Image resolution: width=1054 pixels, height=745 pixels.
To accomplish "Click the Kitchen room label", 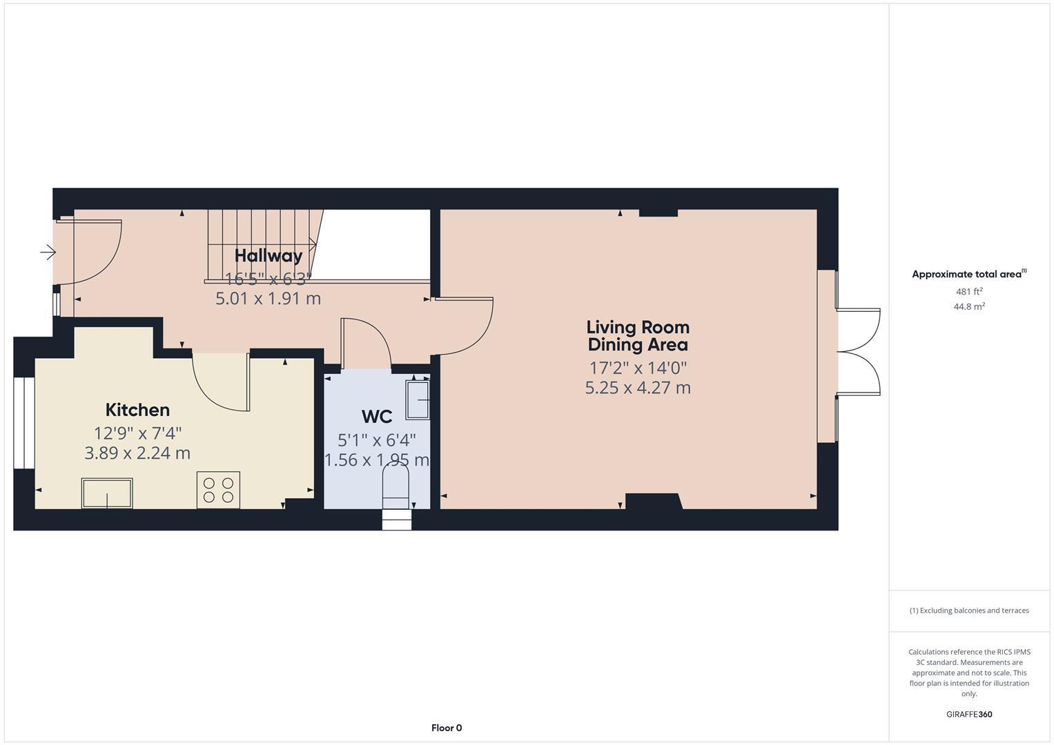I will click(137, 410).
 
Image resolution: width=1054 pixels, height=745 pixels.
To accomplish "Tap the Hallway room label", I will click(269, 256).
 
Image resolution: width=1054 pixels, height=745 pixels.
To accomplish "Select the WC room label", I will click(377, 417).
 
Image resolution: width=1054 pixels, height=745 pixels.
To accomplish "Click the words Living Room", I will click(638, 327).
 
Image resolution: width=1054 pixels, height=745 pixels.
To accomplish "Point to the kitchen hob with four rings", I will click(218, 490).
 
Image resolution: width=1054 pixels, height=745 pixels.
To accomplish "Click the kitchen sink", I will click(107, 493).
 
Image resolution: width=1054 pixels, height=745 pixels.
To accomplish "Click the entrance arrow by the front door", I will click(48, 252).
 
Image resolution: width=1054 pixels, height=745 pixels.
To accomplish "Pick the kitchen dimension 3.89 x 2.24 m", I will click(137, 453).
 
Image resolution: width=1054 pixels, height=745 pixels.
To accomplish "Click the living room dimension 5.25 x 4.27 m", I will click(638, 388).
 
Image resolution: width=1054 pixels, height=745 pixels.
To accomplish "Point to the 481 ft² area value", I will click(969, 292).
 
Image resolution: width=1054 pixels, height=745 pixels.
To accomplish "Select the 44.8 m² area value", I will click(969, 307).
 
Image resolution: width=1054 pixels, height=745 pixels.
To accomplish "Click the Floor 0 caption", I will click(447, 728).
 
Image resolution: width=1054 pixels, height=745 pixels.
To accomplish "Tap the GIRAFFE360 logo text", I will click(969, 715).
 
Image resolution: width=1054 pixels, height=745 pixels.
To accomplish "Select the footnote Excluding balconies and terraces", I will click(969, 610).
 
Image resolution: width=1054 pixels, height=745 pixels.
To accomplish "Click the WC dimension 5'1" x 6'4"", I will click(377, 440).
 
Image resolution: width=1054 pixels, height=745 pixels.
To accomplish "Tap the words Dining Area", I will click(638, 345).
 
